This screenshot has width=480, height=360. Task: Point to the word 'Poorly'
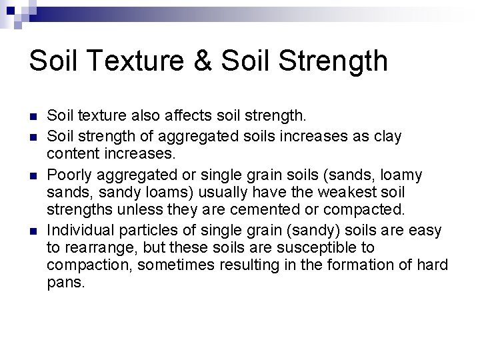pos(69,175)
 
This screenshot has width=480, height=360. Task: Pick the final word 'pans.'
pos(66,283)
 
